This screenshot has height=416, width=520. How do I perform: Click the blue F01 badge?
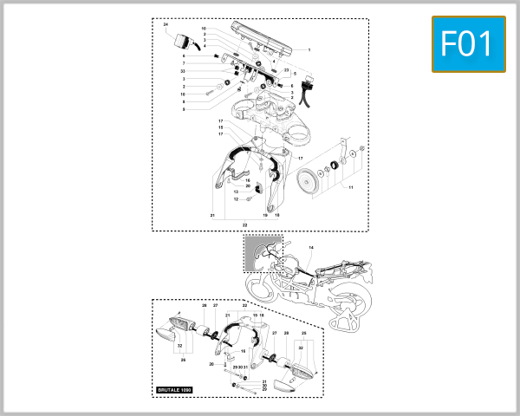467,43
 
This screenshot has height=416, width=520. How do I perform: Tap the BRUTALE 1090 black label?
179,391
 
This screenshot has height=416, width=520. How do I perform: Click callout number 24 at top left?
166,27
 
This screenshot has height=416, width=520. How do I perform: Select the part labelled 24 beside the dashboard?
184,40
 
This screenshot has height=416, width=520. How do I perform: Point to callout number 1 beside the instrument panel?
309,50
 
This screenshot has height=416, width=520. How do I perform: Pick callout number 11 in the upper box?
352,187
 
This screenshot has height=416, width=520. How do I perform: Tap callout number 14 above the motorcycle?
311,248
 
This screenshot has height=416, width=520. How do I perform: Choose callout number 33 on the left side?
183,70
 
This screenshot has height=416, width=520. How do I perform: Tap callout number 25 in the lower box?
303,332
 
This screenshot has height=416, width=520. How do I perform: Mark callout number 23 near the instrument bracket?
286,69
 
